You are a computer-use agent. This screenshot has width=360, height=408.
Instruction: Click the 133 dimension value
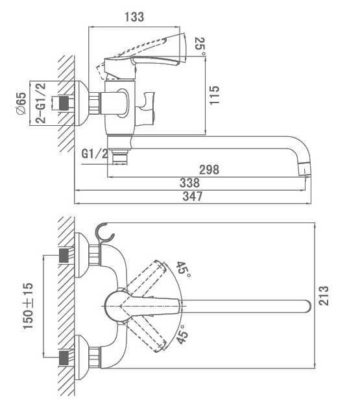(134, 17)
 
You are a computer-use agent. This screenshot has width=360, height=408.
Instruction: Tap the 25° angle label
(200, 47)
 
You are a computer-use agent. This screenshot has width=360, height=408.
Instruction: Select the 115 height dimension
(215, 95)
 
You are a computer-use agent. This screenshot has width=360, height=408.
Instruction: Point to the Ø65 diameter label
(21, 103)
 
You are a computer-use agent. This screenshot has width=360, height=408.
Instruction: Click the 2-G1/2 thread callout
(41, 102)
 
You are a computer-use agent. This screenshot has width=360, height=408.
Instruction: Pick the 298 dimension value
(209, 170)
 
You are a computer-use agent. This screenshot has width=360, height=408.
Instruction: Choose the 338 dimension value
(189, 183)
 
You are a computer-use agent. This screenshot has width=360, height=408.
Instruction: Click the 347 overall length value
(193, 196)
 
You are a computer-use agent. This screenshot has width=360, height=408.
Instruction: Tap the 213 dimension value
(324, 296)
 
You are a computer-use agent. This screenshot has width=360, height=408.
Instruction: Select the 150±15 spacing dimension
(29, 306)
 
